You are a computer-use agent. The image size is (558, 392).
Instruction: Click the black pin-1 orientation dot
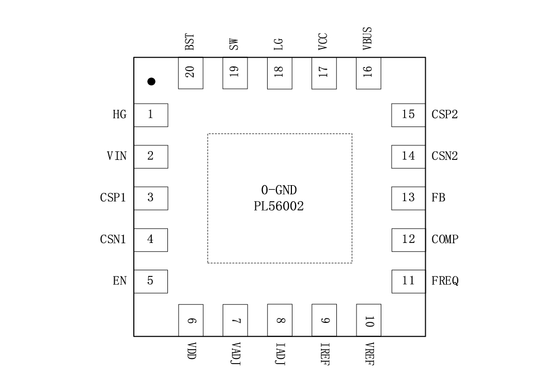click(151, 81)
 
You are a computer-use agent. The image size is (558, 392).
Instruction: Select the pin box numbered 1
click(151, 115)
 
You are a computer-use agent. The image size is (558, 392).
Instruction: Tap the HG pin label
click(119, 115)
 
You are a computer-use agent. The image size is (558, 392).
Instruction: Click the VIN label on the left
click(117, 156)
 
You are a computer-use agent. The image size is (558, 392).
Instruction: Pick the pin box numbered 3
click(151, 198)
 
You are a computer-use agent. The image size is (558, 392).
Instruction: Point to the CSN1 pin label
click(113, 239)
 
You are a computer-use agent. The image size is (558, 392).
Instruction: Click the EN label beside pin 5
click(119, 281)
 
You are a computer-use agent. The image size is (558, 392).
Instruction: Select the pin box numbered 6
click(191, 320)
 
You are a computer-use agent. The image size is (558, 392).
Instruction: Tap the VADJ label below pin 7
click(235, 353)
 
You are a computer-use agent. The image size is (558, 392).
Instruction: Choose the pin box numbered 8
click(280, 320)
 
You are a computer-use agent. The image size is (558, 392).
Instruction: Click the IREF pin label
click(324, 354)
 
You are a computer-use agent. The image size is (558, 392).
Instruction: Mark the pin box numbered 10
click(368, 320)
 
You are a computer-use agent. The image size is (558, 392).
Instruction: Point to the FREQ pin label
click(445, 281)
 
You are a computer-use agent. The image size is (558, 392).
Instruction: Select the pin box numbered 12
click(408, 239)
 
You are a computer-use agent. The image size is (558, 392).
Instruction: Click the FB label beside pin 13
click(439, 198)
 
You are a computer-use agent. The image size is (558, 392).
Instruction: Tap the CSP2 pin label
click(444, 115)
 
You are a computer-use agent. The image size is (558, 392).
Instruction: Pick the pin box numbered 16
click(368, 73)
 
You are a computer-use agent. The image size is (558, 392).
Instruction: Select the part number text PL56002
click(279, 207)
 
